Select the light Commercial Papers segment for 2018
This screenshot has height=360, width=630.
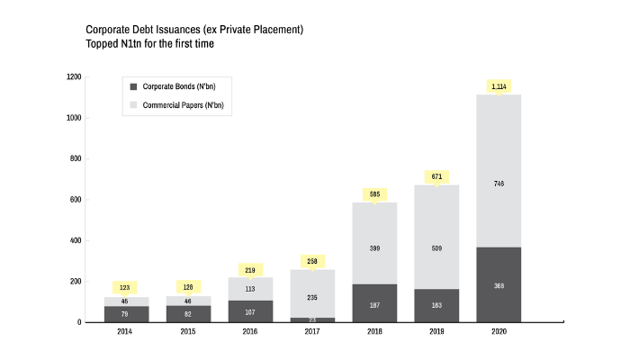[375, 243]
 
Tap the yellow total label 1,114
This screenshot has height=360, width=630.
[499, 86]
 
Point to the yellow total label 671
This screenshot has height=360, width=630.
[436, 176]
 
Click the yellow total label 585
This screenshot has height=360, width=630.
[375, 193]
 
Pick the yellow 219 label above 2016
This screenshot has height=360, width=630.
[251, 269]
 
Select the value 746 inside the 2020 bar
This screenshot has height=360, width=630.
[499, 184]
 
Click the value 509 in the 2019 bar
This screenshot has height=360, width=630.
[436, 247]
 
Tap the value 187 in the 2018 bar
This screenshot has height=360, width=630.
[375, 305]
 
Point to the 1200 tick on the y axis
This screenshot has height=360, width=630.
[75, 77]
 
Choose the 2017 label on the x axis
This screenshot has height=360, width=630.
[312, 332]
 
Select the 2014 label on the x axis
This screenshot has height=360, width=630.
[126, 332]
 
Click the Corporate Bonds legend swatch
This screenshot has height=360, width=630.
[134, 86]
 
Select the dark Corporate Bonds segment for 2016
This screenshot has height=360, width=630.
[251, 311]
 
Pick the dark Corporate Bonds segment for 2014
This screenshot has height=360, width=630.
[126, 314]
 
